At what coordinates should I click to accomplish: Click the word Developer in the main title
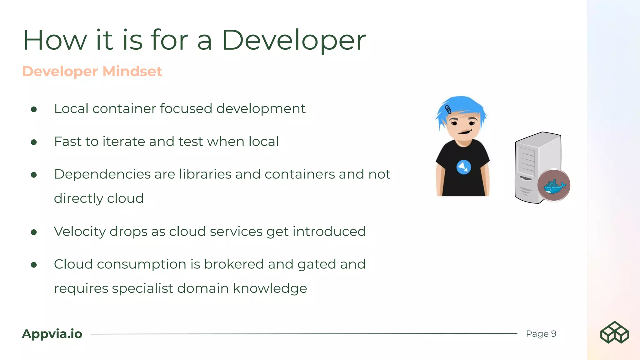293,41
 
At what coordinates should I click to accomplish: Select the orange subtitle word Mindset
132,71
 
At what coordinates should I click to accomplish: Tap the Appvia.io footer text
52,334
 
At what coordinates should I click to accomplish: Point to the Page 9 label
541,334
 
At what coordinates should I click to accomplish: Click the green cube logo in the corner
614,332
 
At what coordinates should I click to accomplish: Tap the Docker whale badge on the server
554,185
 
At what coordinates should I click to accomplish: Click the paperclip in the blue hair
448,110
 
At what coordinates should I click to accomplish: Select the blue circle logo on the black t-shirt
464,167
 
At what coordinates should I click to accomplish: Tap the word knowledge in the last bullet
270,288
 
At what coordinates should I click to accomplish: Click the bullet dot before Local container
34,109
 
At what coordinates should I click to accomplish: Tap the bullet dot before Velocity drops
34,232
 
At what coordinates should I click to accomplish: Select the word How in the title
55,41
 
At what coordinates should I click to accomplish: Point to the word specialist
142,288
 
